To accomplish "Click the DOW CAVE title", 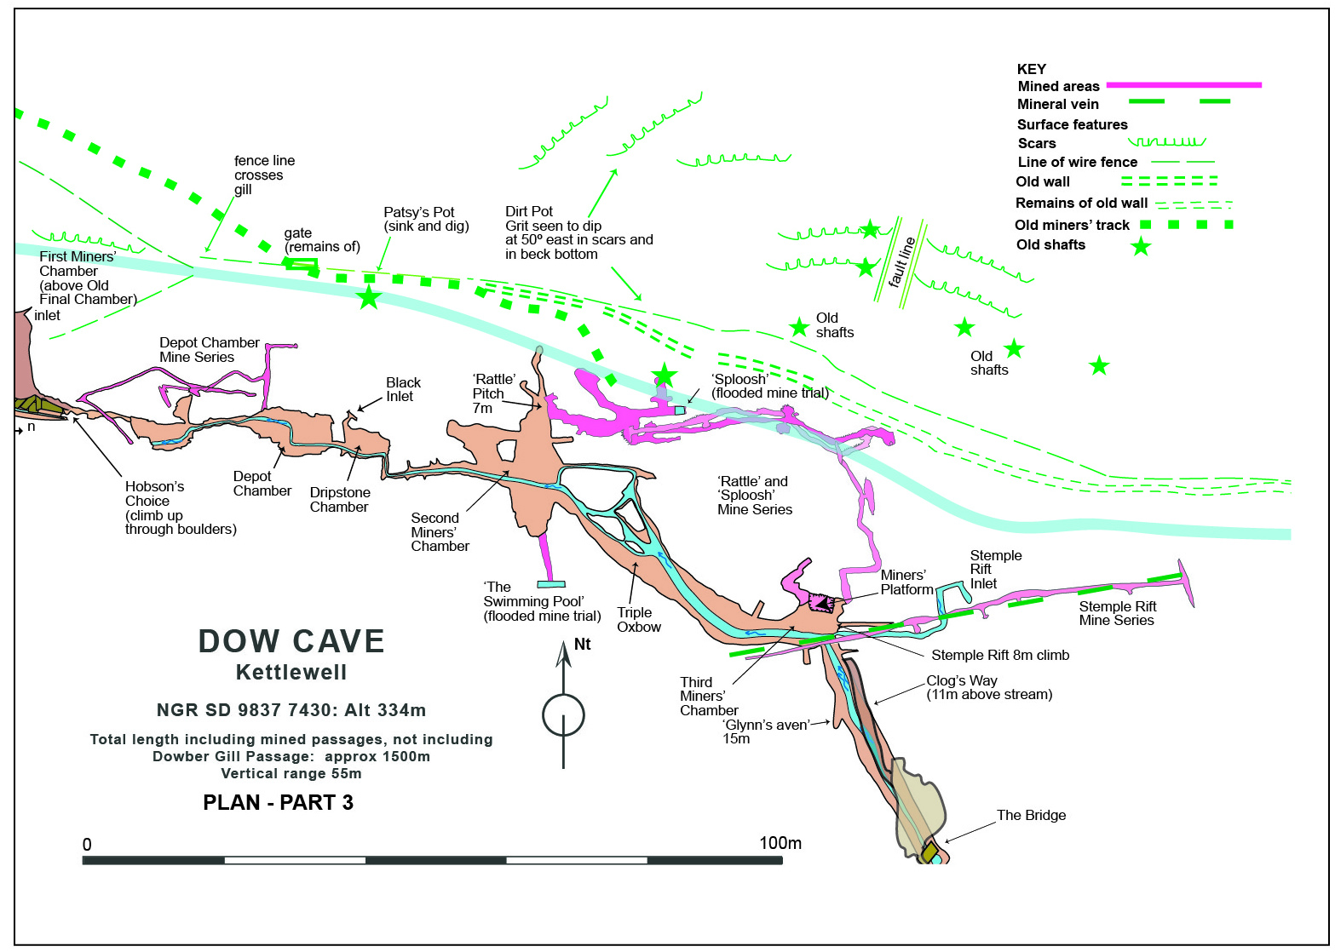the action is [x=291, y=641].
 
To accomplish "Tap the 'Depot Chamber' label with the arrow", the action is [x=262, y=484].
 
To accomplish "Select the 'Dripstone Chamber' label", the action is [x=340, y=500].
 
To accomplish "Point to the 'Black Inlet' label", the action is [x=403, y=390].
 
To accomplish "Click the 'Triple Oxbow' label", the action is [x=639, y=620].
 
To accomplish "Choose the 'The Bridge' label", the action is [x=1031, y=815].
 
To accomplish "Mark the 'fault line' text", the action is [x=901, y=263].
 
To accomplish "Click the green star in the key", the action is [x=1141, y=246].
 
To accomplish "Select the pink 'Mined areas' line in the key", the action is [x=1183, y=85].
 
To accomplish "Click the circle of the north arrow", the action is [x=563, y=715].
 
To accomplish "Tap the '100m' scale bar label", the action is [x=780, y=843].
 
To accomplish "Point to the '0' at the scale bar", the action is [x=87, y=845].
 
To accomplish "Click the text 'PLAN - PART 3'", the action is [x=278, y=802].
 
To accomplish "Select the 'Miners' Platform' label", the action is [x=906, y=582].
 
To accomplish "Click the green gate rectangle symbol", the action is [x=301, y=263].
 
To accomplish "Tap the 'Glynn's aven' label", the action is [x=766, y=725].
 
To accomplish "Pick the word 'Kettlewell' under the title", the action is [x=291, y=673].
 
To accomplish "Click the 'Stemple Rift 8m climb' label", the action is [x=1001, y=656].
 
